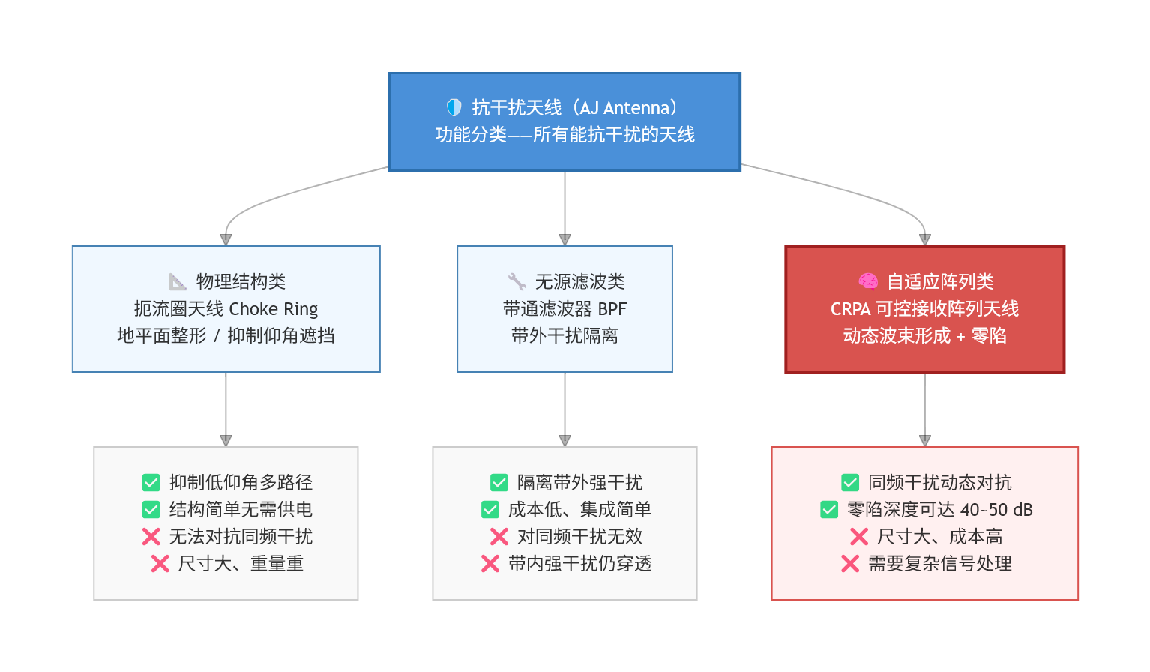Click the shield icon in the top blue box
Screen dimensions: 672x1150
(x=454, y=107)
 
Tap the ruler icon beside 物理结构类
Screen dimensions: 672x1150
(x=178, y=281)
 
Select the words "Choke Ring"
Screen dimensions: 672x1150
(x=273, y=309)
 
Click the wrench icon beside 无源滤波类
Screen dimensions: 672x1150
(x=517, y=281)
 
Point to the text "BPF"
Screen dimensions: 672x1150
(x=612, y=309)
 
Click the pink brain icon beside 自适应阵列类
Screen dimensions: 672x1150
(x=868, y=281)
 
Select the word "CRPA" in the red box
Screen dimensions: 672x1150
(x=850, y=309)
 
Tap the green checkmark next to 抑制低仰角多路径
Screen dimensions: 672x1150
(x=151, y=482)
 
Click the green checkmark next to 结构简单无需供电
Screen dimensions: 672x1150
(x=151, y=510)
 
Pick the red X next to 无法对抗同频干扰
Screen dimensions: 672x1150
(x=151, y=537)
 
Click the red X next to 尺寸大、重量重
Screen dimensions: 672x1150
(x=160, y=564)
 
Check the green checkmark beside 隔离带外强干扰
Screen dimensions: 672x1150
(x=499, y=482)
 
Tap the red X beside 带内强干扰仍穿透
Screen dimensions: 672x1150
(x=490, y=564)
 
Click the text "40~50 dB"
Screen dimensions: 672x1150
(x=996, y=510)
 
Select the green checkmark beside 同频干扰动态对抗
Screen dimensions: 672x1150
(x=849, y=482)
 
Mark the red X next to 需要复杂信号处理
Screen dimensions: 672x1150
(x=849, y=564)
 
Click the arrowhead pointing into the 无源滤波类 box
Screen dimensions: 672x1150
(x=565, y=239)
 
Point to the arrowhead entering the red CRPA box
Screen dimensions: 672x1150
(x=924, y=239)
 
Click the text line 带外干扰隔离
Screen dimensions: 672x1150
(x=565, y=336)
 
